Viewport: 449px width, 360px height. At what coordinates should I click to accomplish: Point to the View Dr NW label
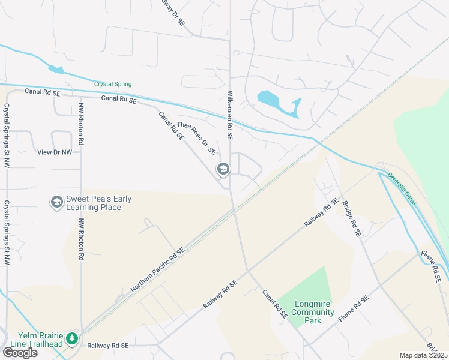point(55,152)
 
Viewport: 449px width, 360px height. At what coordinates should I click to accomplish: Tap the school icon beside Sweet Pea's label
point(57,202)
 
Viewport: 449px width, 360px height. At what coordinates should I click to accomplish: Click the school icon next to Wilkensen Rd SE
point(223,170)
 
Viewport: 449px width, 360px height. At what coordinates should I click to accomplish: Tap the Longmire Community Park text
point(313,312)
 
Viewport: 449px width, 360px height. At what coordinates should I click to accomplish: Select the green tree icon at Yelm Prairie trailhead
point(72,339)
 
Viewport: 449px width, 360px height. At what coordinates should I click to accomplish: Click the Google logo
point(20,352)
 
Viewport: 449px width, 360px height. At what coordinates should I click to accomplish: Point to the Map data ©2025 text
point(423,355)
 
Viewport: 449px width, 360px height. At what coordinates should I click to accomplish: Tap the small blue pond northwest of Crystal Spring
point(56,70)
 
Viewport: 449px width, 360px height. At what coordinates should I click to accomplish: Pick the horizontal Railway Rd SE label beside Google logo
point(108,346)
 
